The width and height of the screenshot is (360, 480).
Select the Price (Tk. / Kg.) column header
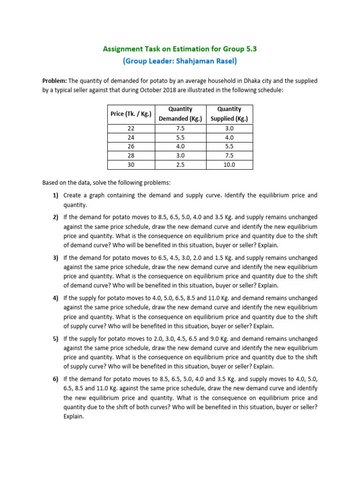[131, 114]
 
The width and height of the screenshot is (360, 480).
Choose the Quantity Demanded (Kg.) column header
[180, 114]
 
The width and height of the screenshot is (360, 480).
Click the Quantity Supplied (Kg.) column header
[229, 114]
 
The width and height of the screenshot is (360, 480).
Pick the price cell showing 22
[131, 128]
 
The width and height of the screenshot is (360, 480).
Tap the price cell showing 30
[131, 165]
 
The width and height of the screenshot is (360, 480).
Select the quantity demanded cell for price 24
[180, 138]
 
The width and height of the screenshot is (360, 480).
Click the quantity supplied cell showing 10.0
[229, 165]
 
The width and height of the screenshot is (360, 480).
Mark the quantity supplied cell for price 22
[229, 128]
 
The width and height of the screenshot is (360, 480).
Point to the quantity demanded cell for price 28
[180, 156]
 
